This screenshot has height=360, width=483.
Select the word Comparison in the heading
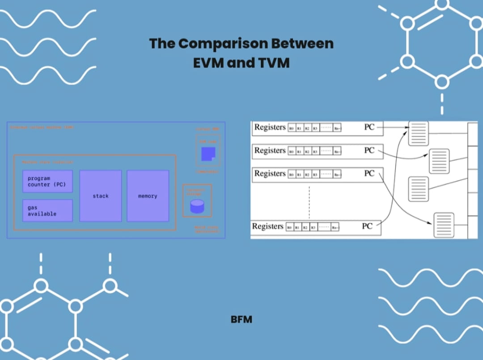click(x=221, y=43)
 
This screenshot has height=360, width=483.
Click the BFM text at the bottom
click(x=241, y=319)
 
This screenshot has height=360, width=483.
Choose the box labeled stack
click(x=101, y=196)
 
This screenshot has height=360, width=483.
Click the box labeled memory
click(x=148, y=196)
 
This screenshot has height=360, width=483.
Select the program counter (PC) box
click(x=47, y=181)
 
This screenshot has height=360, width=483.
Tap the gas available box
click(x=47, y=211)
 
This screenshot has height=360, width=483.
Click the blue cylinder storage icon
click(x=197, y=206)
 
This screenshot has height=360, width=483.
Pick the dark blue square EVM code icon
click(x=208, y=154)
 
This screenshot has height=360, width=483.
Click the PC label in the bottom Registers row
click(x=367, y=226)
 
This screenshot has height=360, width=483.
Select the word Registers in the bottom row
click(x=267, y=226)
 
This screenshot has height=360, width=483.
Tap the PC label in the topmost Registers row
click(x=369, y=127)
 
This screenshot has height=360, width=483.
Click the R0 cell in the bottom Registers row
click(x=290, y=227)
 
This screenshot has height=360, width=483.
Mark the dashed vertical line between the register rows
click(x=309, y=201)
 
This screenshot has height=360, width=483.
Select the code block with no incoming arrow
click(x=418, y=189)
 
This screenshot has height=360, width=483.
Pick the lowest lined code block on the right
click(x=444, y=225)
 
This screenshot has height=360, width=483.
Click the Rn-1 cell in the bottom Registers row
click(x=335, y=227)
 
